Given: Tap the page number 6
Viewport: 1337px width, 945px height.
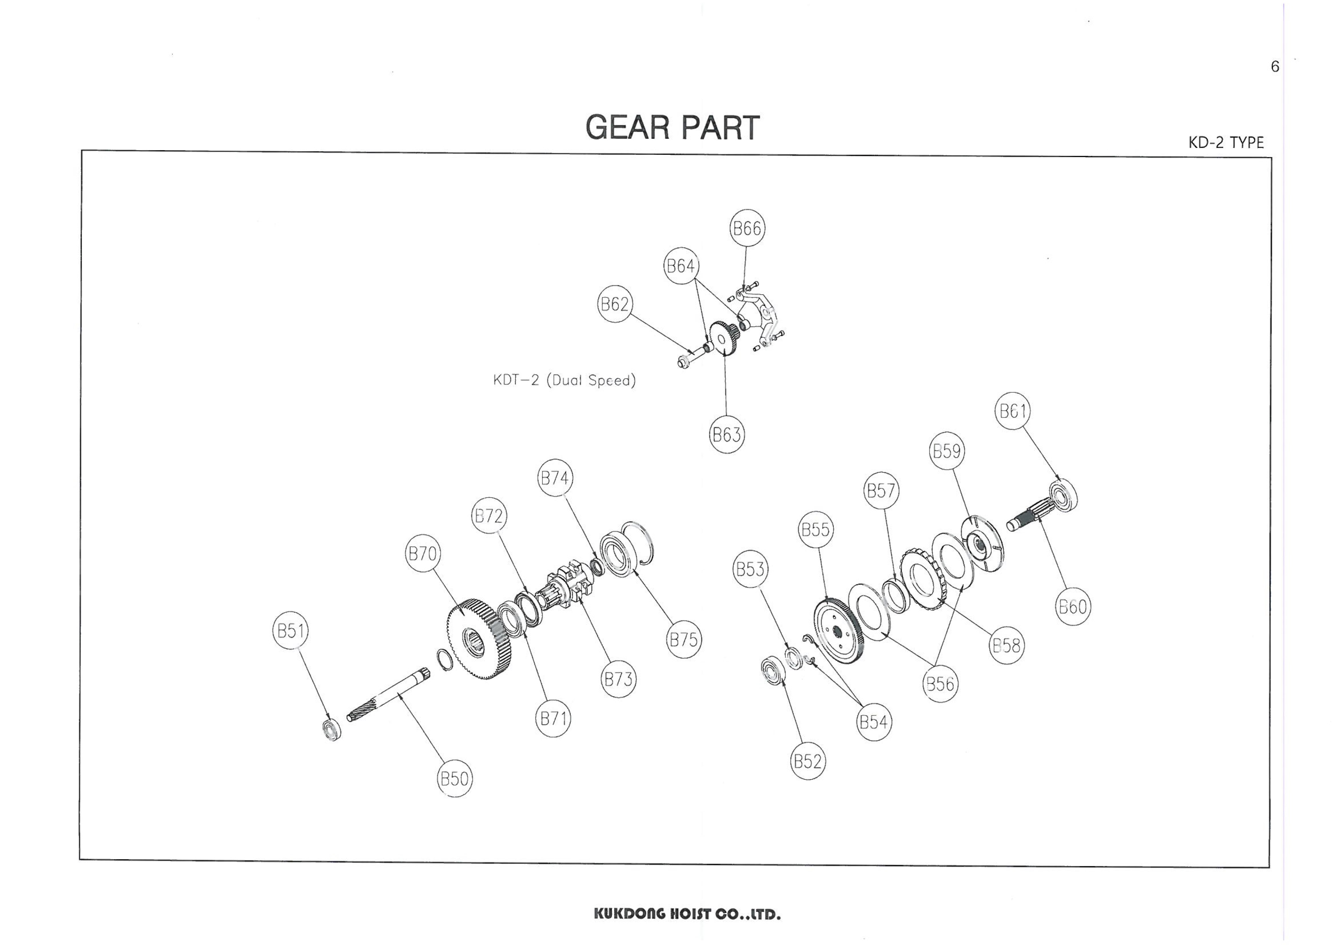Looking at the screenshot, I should [1275, 67].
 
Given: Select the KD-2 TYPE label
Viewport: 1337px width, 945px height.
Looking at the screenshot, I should [1226, 143].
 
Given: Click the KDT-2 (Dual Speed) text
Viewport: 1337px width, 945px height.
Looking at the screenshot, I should [564, 380].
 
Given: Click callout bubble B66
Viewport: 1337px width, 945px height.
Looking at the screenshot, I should [747, 228].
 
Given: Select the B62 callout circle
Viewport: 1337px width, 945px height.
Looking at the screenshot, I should [615, 304].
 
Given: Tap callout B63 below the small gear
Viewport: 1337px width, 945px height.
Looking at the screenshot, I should [727, 434].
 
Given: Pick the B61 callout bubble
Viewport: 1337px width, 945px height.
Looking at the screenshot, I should [1012, 411].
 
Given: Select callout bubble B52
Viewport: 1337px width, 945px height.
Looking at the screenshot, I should [808, 761].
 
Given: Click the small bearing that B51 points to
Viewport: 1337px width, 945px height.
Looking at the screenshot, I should [332, 730].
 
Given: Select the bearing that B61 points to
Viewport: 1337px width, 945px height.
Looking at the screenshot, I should [1063, 496].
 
